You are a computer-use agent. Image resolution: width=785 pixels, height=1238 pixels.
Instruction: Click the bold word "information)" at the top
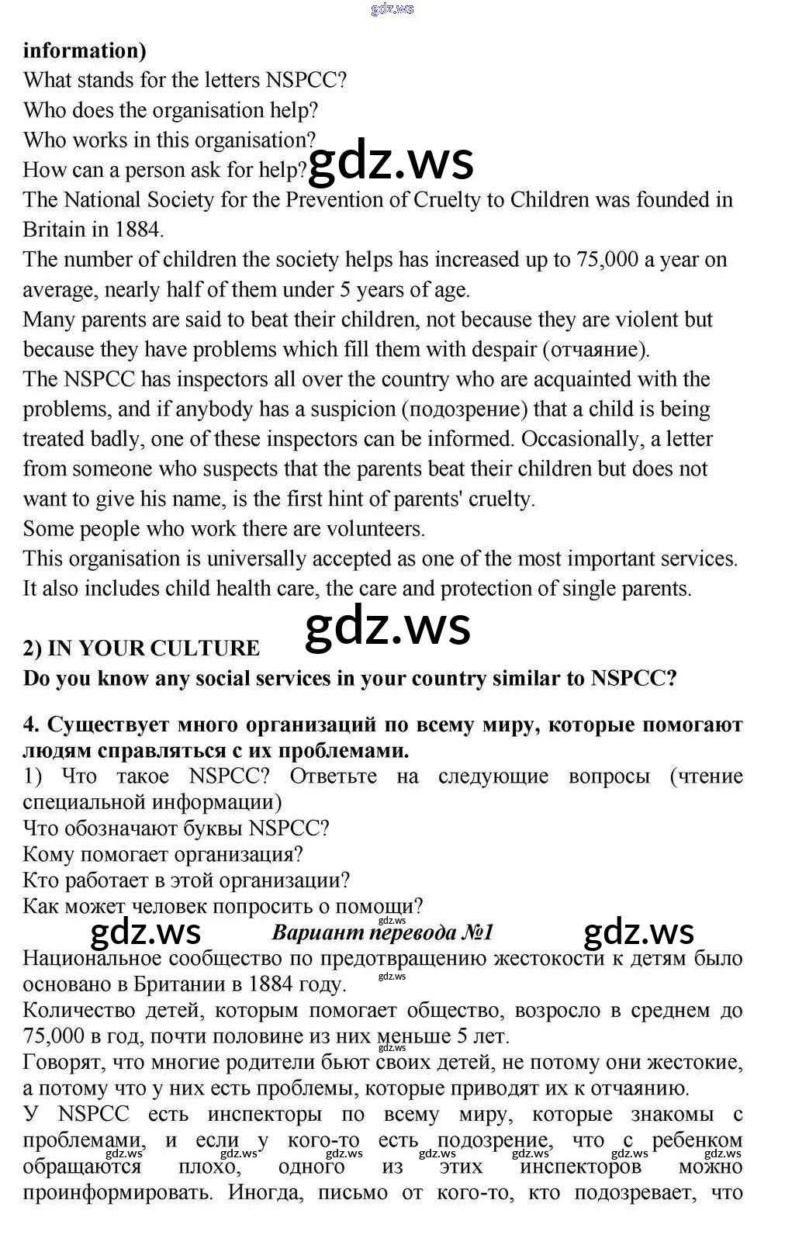(85, 51)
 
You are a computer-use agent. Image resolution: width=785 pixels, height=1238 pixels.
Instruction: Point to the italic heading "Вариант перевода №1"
(382, 932)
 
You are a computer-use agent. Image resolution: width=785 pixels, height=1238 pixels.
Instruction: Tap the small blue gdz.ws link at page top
(392, 9)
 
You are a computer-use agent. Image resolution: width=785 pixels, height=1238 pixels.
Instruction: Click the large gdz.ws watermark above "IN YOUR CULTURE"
(388, 628)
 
